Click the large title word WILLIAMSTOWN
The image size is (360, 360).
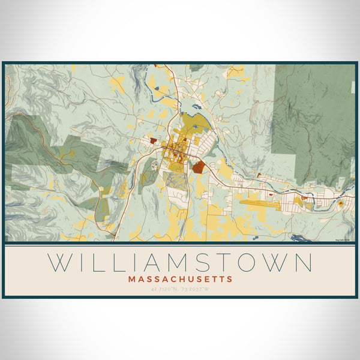point(180,263)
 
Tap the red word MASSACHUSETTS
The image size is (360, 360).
point(180,279)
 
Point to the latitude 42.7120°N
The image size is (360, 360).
point(163,289)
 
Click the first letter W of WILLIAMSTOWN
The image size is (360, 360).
point(59,263)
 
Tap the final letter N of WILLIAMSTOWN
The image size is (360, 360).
point(303,263)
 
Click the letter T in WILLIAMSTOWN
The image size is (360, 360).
point(221,263)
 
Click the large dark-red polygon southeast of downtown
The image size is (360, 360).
point(198,166)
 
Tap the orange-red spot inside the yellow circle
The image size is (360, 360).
point(341,204)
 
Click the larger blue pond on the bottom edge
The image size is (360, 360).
point(300,238)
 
